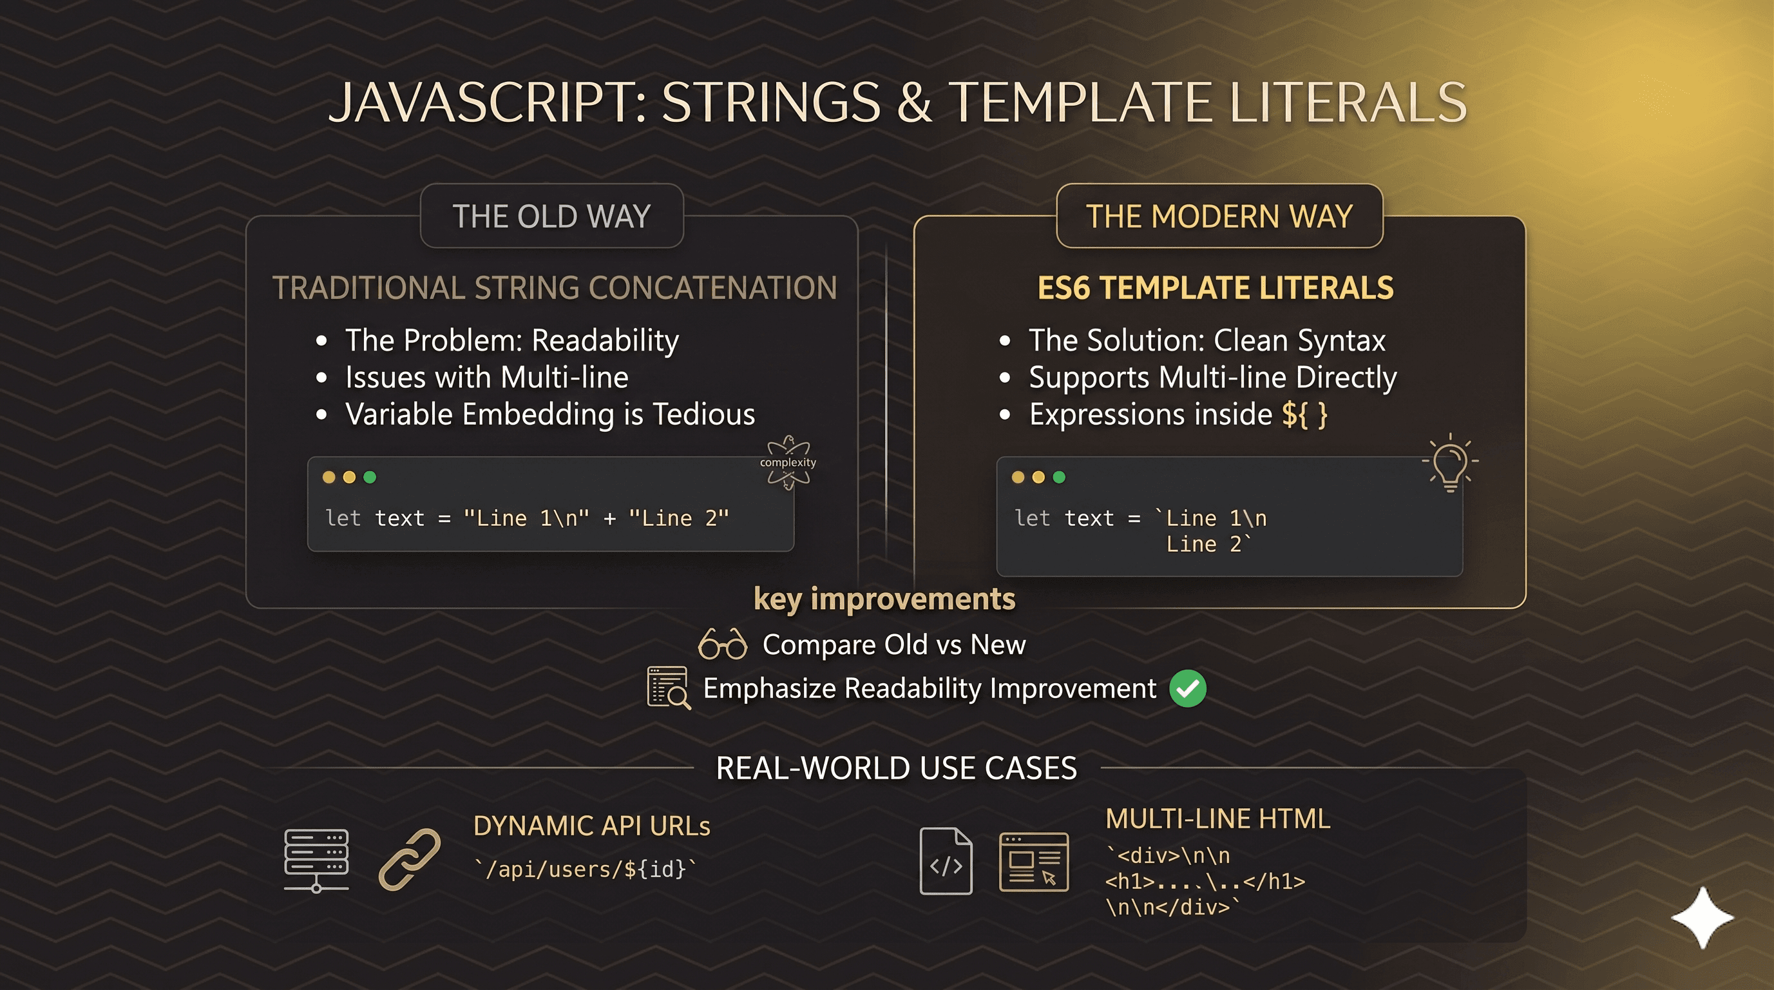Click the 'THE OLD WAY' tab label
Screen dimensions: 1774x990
point(551,217)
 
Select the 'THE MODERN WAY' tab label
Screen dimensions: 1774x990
point(1219,217)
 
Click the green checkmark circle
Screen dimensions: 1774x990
point(1188,688)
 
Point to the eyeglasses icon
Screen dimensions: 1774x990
point(722,644)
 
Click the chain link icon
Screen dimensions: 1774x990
point(410,859)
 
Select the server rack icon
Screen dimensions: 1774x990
point(316,860)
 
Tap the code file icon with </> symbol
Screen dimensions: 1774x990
point(946,861)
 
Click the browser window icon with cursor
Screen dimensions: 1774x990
point(1034,862)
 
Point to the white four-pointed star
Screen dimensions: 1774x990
point(1702,918)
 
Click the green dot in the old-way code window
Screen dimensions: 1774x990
point(370,478)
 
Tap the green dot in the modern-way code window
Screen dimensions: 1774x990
point(1059,478)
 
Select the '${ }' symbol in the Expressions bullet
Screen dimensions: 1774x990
point(1304,414)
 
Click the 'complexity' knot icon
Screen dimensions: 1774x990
point(788,462)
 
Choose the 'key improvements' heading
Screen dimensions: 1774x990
point(884,599)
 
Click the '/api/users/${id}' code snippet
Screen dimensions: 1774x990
point(585,869)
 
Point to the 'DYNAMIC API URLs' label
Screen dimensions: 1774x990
point(591,826)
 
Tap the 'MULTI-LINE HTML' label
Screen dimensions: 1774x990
point(1217,819)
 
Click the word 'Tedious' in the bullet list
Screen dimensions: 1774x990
point(704,414)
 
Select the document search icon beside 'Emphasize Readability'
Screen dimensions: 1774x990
point(669,688)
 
